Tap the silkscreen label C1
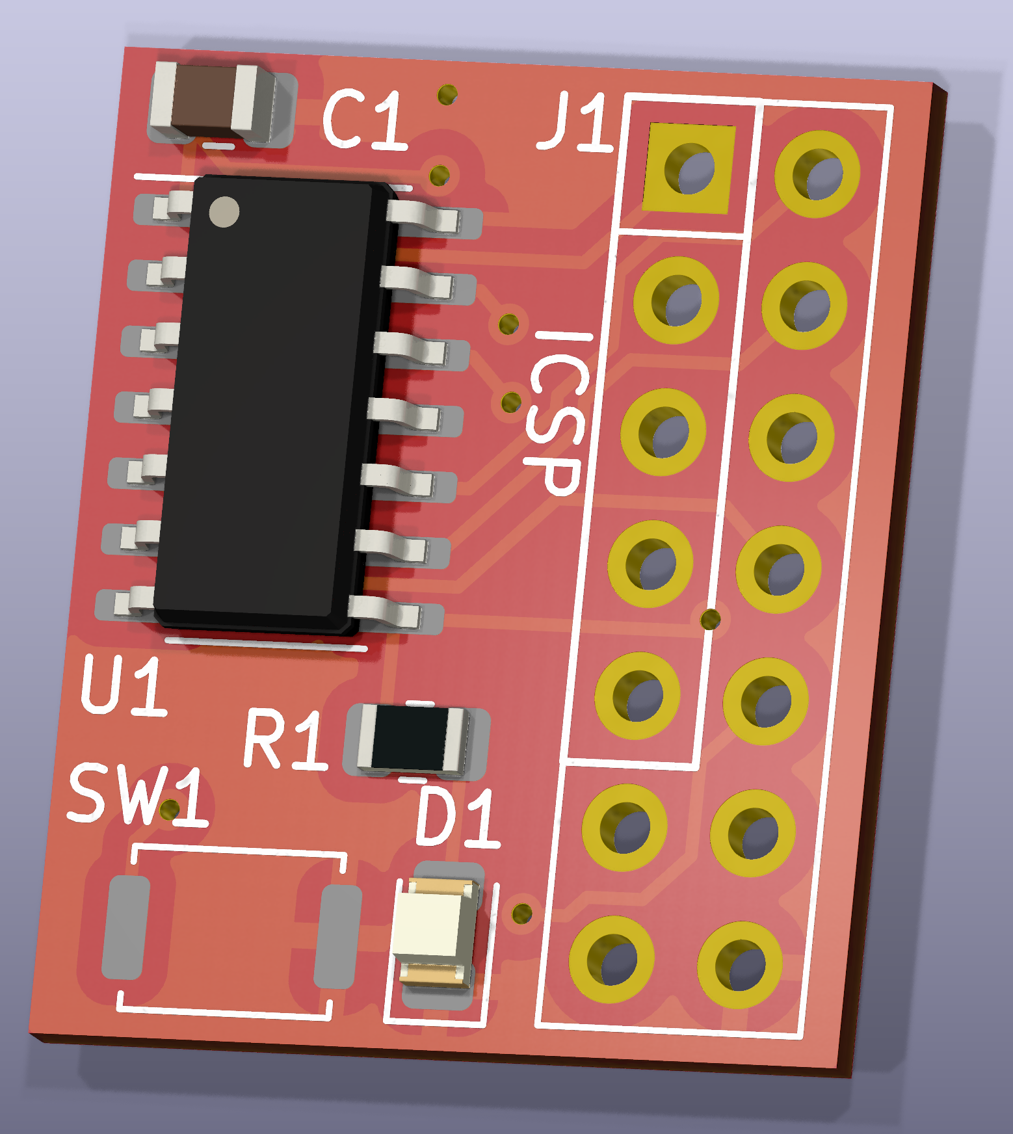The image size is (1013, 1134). click(x=365, y=120)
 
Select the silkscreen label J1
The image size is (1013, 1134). click(x=575, y=122)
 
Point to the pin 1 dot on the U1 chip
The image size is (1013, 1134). click(x=224, y=212)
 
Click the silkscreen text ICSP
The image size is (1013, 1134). click(x=558, y=414)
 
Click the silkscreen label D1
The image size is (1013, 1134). click(x=457, y=817)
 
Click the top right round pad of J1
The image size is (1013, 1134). click(x=817, y=174)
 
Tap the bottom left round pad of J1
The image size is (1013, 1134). click(x=611, y=960)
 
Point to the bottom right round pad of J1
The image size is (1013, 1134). click(x=739, y=965)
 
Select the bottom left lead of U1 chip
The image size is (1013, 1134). click(x=128, y=602)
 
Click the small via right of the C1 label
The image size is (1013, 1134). click(x=447, y=95)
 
